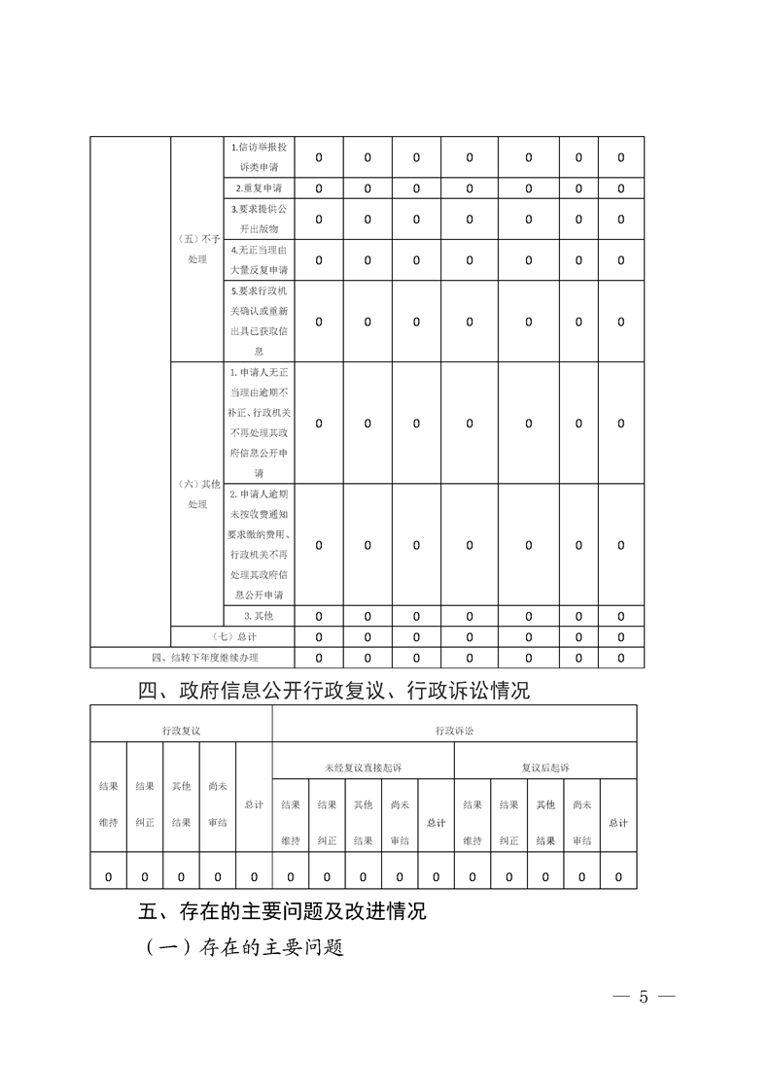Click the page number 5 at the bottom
coord(643,998)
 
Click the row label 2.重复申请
coord(258,187)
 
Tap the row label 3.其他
coord(258,616)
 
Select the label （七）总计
coord(231,637)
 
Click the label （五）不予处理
coord(197,250)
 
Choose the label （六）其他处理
coord(197,494)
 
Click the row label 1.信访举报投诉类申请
coord(258,156)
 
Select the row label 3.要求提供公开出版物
coord(258,219)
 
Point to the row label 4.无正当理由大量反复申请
coord(258,259)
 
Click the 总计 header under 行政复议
coord(254,804)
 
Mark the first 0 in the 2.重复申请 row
coord(319,188)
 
